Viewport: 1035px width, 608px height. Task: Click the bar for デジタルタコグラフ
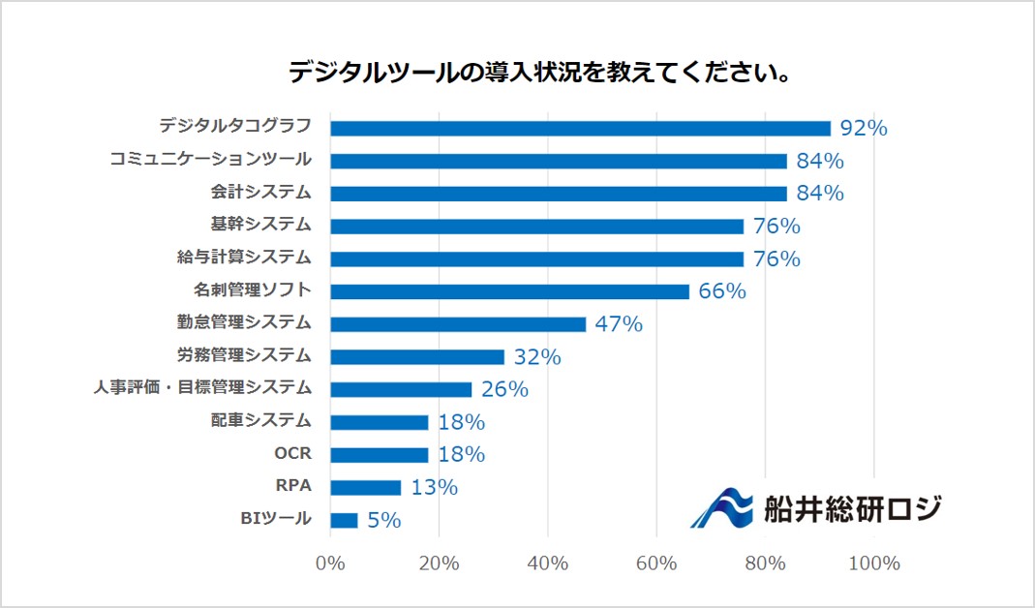click(580, 128)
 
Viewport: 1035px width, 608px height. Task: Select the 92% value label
click(864, 128)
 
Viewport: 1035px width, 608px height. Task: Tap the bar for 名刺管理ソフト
click(509, 290)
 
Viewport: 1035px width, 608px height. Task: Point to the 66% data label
click(722, 290)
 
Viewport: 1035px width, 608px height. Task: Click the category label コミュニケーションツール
click(210, 159)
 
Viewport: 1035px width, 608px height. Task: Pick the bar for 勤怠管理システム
click(458, 323)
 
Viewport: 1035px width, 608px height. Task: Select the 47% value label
click(619, 323)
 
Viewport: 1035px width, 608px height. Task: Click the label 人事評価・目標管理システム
click(202, 387)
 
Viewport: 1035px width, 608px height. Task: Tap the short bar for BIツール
click(344, 520)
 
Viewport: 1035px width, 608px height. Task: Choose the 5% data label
click(384, 520)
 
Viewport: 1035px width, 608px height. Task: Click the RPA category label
click(293, 486)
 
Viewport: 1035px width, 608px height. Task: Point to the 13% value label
click(434, 487)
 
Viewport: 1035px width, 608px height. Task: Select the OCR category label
click(293, 453)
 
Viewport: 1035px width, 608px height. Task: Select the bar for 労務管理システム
click(417, 356)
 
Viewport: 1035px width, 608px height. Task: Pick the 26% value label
click(504, 389)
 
